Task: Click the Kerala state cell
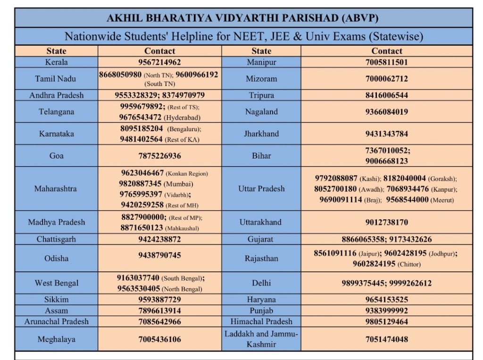57,62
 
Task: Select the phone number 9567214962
159,62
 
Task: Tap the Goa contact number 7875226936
159,156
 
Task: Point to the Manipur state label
261,62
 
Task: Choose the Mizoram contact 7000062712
386,79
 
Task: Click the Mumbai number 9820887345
140,184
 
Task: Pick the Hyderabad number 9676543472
140,117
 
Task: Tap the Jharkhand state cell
261,134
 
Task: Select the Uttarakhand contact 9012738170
386,222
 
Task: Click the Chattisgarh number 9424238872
159,239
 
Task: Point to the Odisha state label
57,259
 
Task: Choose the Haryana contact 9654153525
386,300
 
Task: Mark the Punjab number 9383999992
386,311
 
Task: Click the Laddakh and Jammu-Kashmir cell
261,339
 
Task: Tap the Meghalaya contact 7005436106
159,339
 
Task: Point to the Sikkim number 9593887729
159,300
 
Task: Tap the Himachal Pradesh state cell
261,322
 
